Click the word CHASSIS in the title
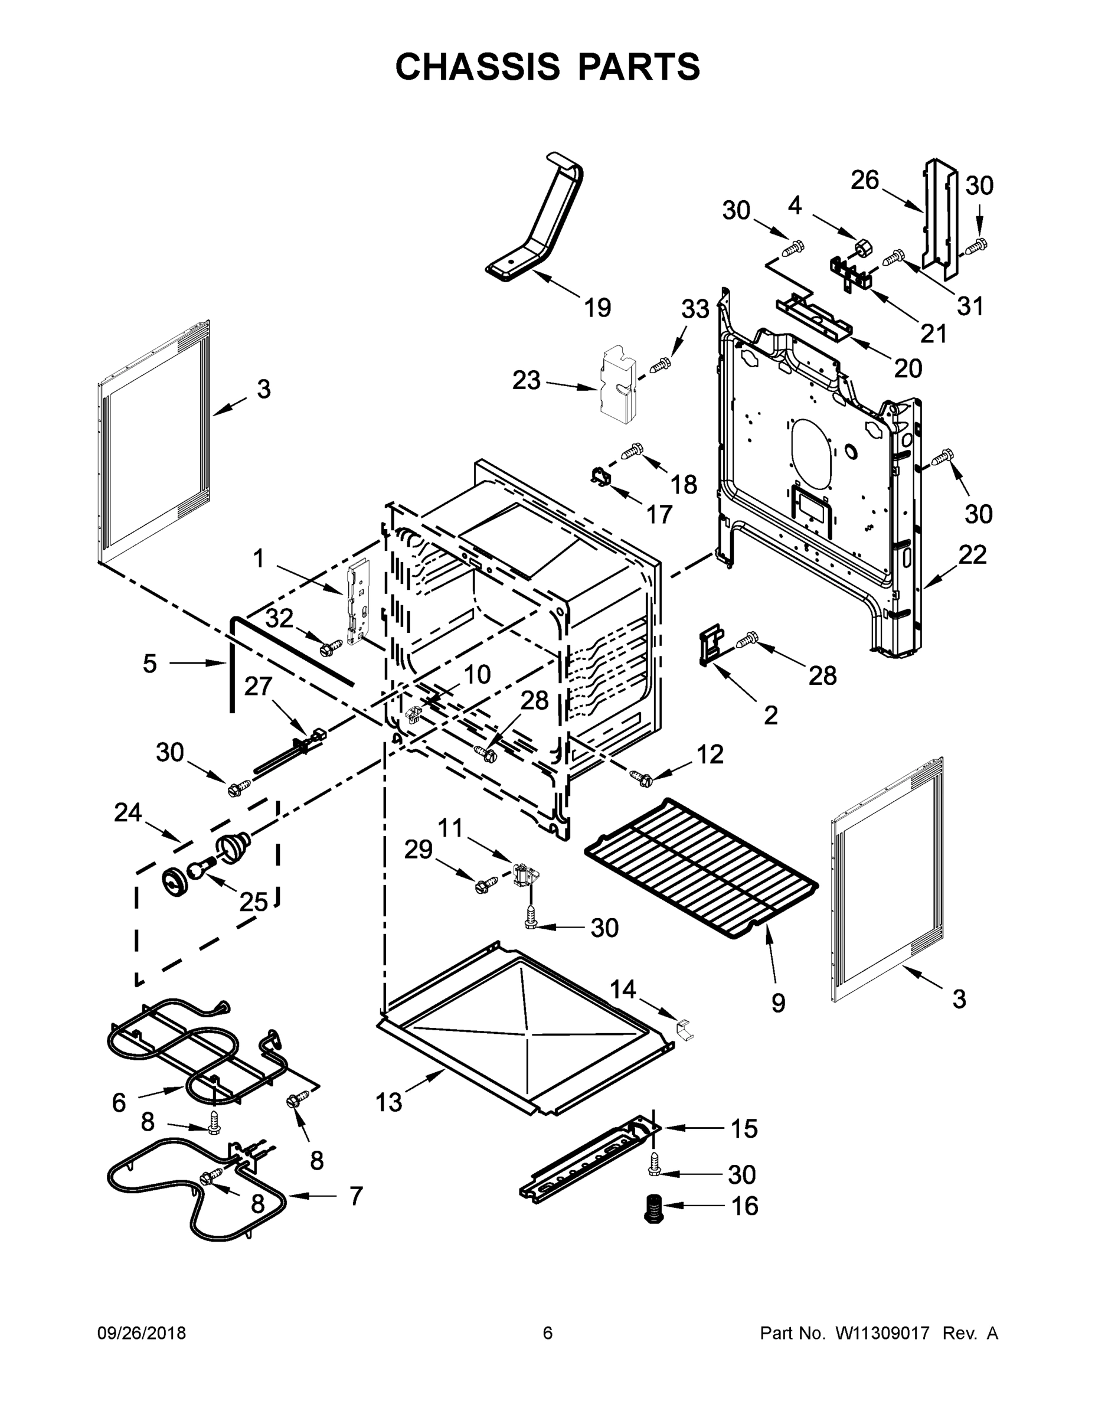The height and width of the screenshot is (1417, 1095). coord(478,67)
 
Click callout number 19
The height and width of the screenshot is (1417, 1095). coord(597,308)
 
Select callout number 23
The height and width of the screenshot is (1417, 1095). coord(526,380)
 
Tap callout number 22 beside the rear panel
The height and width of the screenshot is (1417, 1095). coord(972,555)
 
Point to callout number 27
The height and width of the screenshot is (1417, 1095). coord(257,686)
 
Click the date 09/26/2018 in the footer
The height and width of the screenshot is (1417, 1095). coord(142,1333)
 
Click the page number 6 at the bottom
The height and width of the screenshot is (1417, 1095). coord(548,1333)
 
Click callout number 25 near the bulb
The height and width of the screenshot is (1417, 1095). coord(253,902)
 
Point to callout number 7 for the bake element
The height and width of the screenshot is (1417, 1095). coord(356,1196)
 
